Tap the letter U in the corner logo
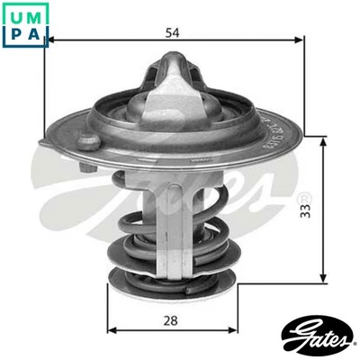[x=13, y=13]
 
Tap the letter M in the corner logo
[x=33, y=13]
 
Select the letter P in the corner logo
[x=13, y=33]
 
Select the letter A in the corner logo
[x=33, y=33]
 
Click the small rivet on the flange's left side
[x=86, y=140]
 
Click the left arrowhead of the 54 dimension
[x=50, y=41]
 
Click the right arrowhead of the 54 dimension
[x=300, y=41]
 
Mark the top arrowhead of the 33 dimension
[x=324, y=140]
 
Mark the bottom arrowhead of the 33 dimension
[x=324, y=280]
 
